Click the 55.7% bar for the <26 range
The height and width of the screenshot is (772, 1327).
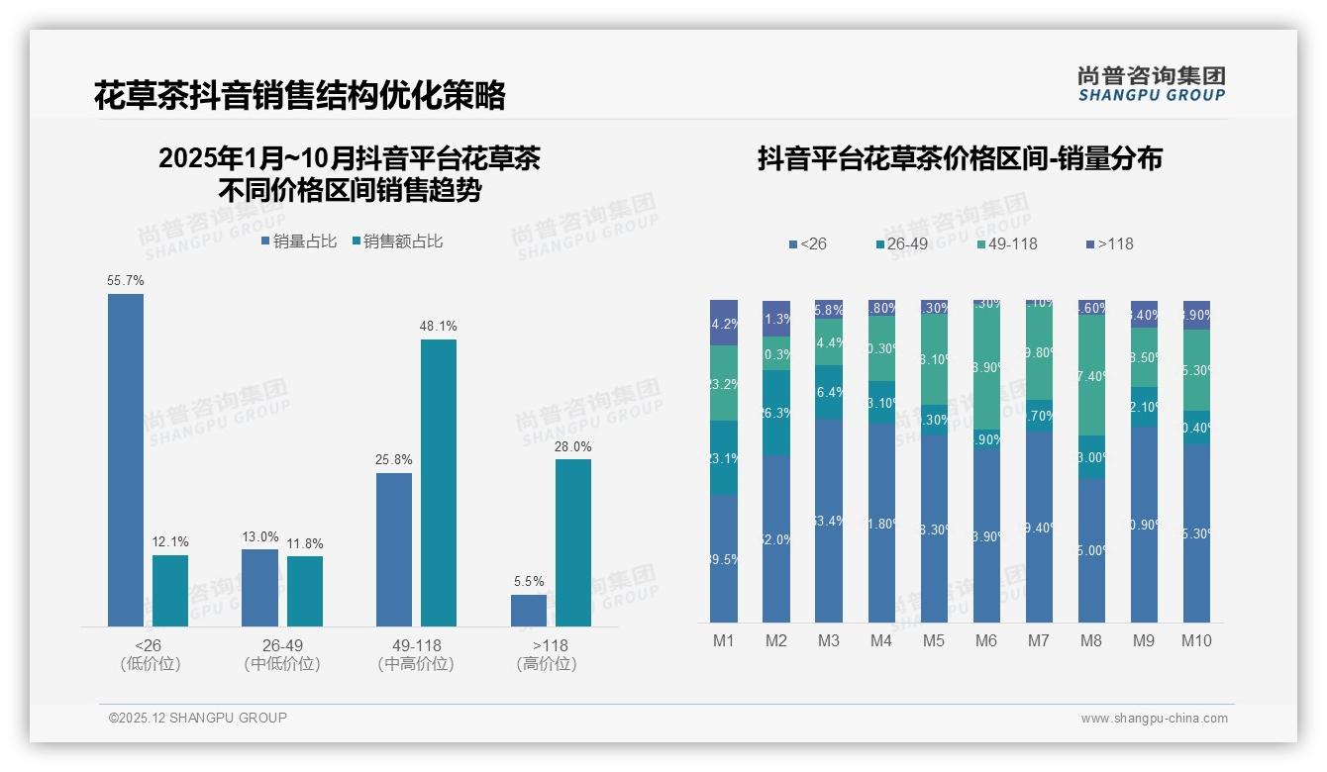pos(126,460)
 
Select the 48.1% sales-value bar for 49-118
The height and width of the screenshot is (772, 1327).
pos(439,483)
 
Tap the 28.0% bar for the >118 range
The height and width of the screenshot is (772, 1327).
pos(573,542)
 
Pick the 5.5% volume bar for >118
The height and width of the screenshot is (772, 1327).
pos(529,611)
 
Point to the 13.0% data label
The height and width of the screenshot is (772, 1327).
pos(260,537)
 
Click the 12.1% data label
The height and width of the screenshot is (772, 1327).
pos(170,542)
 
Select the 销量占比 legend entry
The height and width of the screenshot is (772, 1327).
pos(299,241)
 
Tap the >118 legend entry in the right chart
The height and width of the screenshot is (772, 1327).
pos(1109,243)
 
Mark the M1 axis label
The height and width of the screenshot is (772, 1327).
pos(724,640)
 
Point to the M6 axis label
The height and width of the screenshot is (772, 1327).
pos(986,640)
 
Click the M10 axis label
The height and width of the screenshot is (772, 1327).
pos(1196,640)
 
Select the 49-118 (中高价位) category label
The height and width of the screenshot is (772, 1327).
pos(416,654)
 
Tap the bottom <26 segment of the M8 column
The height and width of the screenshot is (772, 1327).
pos(1091,550)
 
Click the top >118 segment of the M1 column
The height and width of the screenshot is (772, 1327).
pos(724,322)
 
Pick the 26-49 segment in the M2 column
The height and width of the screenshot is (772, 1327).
pos(776,413)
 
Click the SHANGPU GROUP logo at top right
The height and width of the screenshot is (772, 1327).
pos(1152,84)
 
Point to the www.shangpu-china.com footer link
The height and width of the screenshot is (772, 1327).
pos(1154,719)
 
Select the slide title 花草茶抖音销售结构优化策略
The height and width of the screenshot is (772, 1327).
pos(300,95)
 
